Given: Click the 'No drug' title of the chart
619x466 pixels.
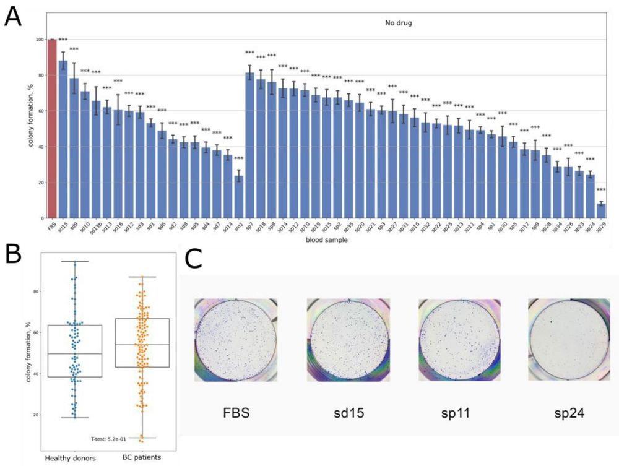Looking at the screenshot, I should coord(397,23).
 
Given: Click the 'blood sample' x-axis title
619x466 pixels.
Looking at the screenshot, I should coord(326,241).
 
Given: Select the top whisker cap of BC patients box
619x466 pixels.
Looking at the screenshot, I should coord(142,277).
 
